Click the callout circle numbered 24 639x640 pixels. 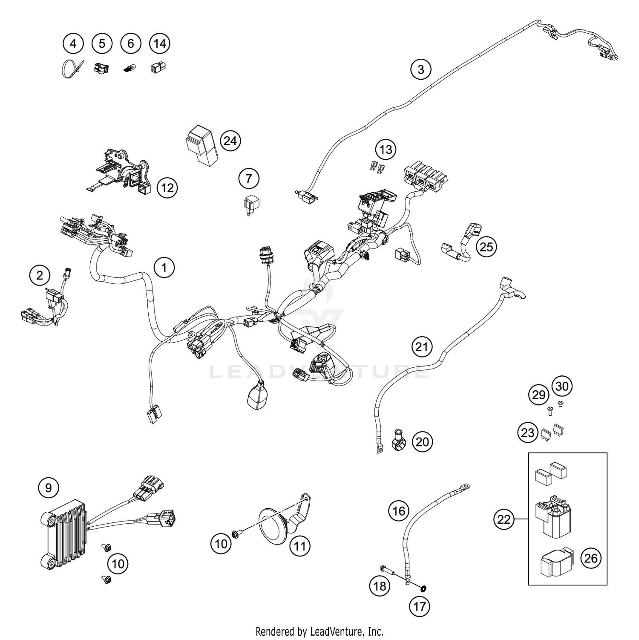pos(230,141)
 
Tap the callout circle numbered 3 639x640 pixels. pos(421,69)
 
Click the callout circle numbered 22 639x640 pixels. pos(504,520)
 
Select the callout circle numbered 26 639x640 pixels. pos(591,558)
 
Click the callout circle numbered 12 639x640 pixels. pos(167,187)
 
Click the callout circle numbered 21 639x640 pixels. pos(422,347)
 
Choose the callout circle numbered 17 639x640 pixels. pos(420,606)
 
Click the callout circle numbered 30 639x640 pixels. pos(562,386)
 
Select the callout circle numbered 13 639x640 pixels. pos(386,150)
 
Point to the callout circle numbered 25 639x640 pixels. pos(486,247)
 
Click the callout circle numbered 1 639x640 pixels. pos(164,268)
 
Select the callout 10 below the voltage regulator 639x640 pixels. pos(118,564)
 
